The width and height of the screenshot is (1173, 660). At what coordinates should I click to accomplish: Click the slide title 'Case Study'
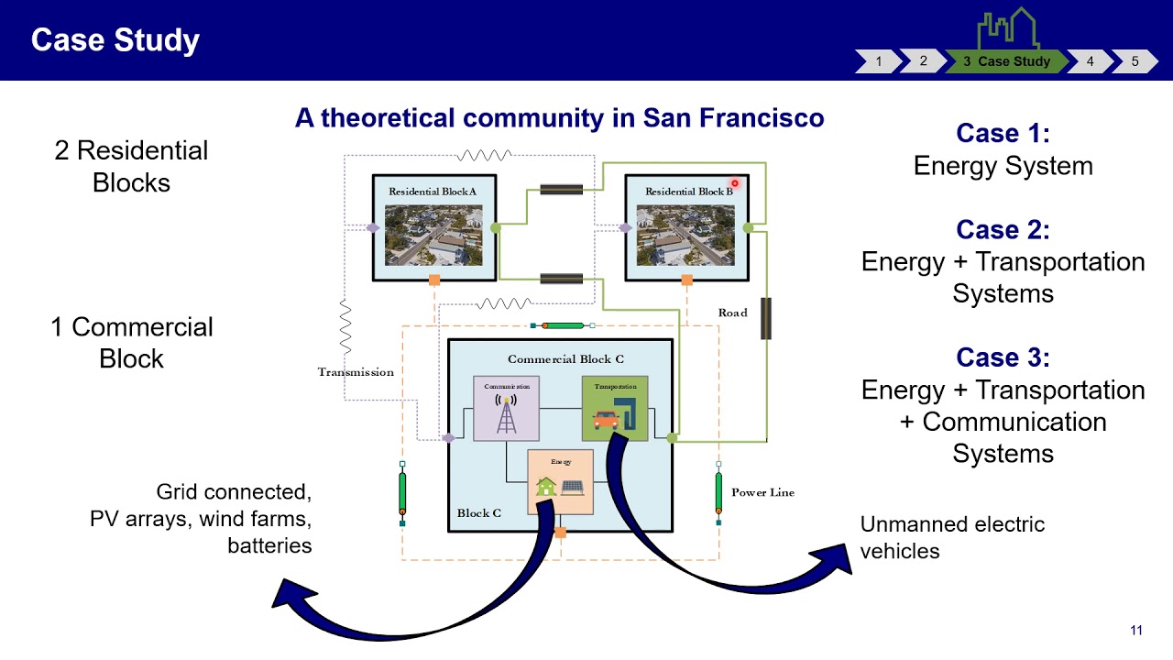[x=115, y=40]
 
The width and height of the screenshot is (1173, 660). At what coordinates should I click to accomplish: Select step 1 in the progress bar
[x=878, y=61]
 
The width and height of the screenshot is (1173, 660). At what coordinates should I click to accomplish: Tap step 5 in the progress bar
[x=1135, y=61]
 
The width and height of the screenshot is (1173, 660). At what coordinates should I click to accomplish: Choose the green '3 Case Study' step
[x=1006, y=61]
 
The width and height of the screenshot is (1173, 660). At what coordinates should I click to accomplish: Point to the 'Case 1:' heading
[x=1003, y=133]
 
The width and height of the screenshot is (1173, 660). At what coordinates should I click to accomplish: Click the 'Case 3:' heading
[x=1003, y=357]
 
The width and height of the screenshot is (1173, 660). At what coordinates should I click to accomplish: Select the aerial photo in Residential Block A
[x=433, y=236]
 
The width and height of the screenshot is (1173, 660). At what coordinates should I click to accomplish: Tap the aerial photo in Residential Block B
[x=685, y=236]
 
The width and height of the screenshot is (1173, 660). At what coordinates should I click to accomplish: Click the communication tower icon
[x=506, y=414]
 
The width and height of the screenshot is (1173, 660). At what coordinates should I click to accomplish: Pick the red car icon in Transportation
[x=606, y=420]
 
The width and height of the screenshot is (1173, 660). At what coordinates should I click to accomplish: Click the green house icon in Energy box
[x=546, y=487]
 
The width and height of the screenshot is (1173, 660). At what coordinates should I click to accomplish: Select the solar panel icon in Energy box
[x=574, y=487]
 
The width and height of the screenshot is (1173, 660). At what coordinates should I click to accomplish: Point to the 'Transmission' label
[x=356, y=372]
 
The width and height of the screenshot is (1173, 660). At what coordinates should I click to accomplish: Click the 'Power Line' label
[x=762, y=492]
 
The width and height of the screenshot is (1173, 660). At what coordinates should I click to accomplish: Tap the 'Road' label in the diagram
[x=732, y=313]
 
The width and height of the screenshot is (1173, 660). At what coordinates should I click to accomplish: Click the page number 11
[x=1136, y=630]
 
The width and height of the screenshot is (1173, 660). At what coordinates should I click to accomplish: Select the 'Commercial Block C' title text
[x=565, y=359]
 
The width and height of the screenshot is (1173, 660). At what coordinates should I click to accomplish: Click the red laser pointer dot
[x=734, y=183]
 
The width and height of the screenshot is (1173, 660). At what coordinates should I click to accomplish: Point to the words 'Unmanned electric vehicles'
[x=952, y=537]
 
